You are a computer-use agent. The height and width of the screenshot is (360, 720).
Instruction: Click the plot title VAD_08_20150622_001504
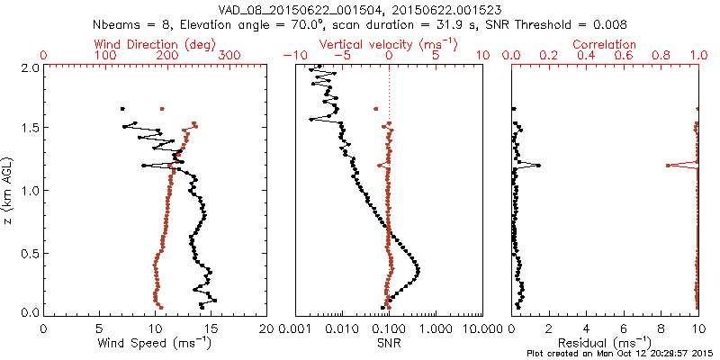click(292, 9)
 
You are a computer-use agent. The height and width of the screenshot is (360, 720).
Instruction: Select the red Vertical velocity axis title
click(388, 44)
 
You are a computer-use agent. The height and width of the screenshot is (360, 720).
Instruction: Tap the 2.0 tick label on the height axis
click(31, 67)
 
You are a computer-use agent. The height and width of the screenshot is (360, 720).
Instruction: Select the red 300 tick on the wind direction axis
click(229, 56)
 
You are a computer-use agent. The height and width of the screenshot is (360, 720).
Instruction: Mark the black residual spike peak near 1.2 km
click(538, 166)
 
